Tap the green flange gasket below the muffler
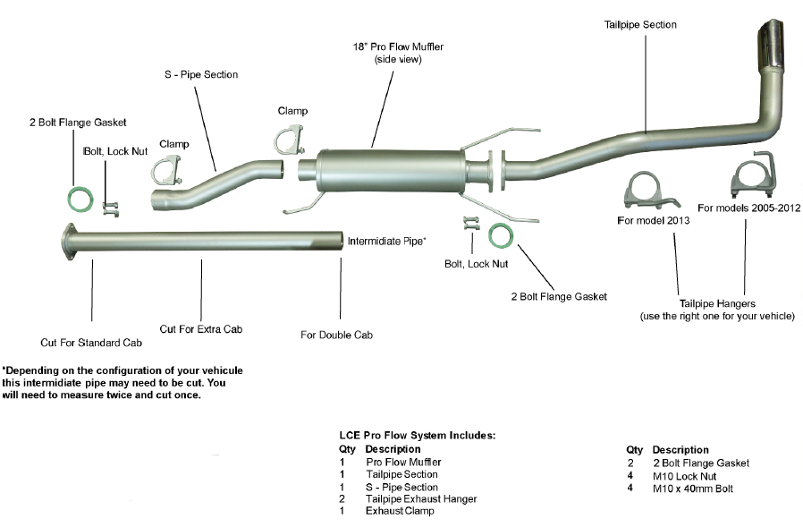pyautogui.click(x=501, y=235)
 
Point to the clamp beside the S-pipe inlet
pyautogui.click(x=167, y=171)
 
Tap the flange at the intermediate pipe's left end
pyautogui.click(x=68, y=242)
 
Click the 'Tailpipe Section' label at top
pyautogui.click(x=640, y=25)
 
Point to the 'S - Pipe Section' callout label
pyautogui.click(x=202, y=74)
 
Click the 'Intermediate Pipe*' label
pyautogui.click(x=386, y=241)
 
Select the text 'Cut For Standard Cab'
pyautogui.click(x=92, y=342)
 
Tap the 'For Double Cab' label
pyautogui.click(x=335, y=335)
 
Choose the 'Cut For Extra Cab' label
pyautogui.click(x=201, y=328)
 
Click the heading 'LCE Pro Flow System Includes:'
pyautogui.click(x=417, y=436)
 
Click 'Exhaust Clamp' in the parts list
pyautogui.click(x=400, y=511)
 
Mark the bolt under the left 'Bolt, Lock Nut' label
pyautogui.click(x=111, y=210)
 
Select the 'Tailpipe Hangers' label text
pyautogui.click(x=716, y=302)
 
